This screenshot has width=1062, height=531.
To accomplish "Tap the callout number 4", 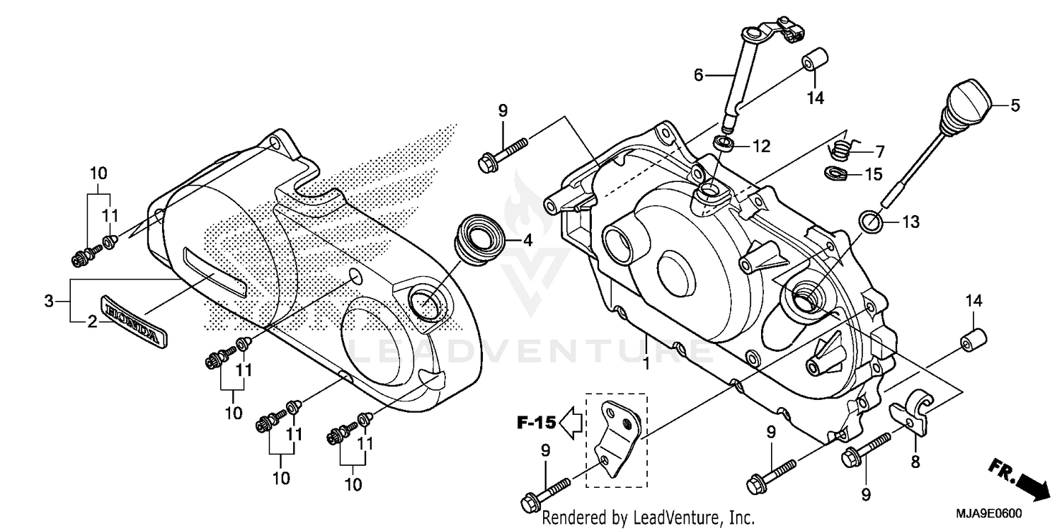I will [527, 240].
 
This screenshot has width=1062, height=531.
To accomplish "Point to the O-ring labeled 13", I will [871, 222].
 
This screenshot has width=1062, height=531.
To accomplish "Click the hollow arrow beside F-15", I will [571, 423].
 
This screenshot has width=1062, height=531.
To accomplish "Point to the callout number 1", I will [646, 364].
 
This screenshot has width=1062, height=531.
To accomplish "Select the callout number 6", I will [698, 74].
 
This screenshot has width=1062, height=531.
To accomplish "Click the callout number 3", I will [48, 301].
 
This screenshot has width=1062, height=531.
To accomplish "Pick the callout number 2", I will [91, 322].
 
